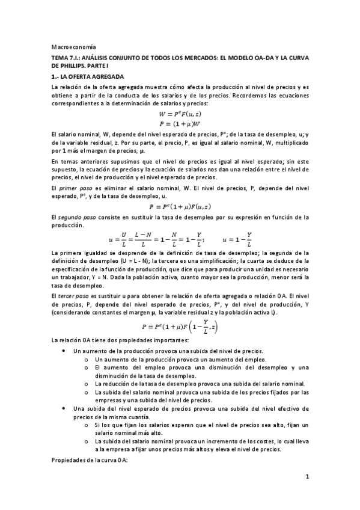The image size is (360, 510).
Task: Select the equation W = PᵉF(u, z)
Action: (x=180, y=114)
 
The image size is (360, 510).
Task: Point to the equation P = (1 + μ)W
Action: (x=180, y=124)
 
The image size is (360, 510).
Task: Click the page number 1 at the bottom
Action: (x=307, y=478)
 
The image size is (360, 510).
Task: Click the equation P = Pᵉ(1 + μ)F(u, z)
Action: (x=180, y=206)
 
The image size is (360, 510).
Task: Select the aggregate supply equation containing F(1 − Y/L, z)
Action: (x=180, y=327)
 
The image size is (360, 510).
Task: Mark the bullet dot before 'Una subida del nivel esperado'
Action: (x=64, y=408)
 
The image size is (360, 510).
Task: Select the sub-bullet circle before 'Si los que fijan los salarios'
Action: (x=88, y=425)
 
